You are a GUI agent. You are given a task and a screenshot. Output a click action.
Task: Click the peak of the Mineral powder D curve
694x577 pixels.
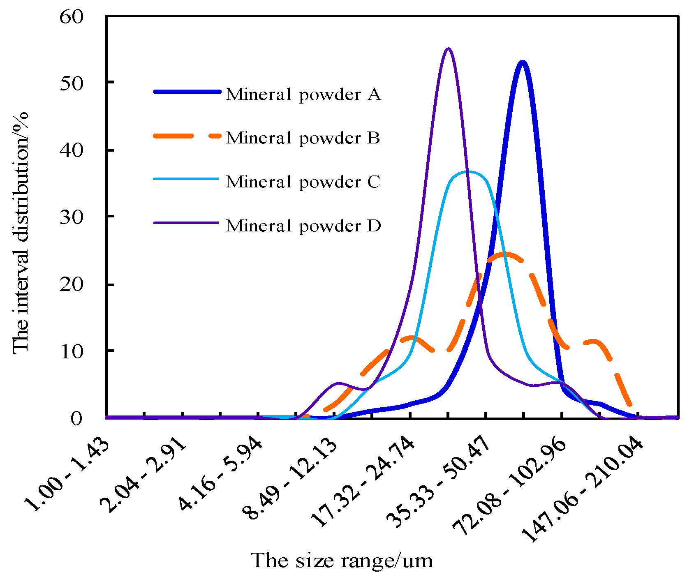(449, 49)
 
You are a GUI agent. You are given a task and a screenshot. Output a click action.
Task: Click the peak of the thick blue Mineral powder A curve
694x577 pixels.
(523, 62)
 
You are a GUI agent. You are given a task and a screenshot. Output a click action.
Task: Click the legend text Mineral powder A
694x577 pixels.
(303, 95)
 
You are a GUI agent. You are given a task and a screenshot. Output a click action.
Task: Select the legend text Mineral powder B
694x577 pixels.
(303, 138)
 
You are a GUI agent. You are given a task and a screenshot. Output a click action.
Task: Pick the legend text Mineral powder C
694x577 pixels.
(303, 182)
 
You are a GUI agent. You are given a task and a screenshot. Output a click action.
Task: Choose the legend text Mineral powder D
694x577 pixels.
(303, 226)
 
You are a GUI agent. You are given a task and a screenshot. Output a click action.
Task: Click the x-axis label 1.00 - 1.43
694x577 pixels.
(68, 475)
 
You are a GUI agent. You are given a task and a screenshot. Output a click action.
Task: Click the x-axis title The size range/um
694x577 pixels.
(342, 561)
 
